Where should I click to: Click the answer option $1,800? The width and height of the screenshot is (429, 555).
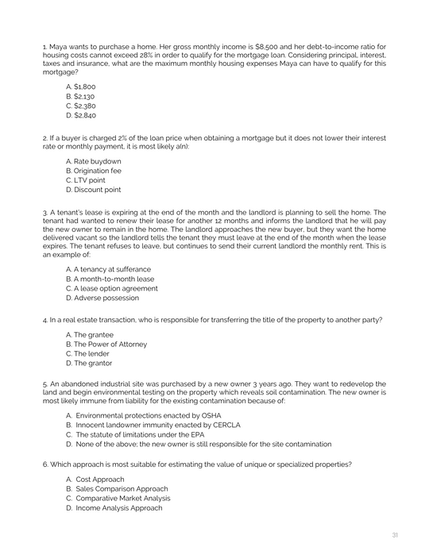(x=80, y=86)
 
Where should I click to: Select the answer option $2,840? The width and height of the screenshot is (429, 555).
(x=80, y=114)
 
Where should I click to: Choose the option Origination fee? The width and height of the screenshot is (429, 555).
(x=93, y=171)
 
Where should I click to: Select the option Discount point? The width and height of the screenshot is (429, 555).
(x=93, y=190)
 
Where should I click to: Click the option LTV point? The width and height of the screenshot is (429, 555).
(x=85, y=180)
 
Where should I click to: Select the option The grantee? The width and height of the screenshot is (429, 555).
(x=87, y=335)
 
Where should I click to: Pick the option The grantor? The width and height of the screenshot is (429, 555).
(x=87, y=364)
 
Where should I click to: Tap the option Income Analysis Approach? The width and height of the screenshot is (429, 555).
(x=118, y=508)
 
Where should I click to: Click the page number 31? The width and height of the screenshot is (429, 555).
(x=395, y=534)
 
